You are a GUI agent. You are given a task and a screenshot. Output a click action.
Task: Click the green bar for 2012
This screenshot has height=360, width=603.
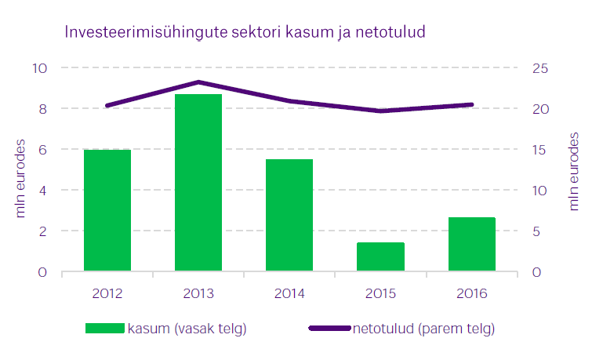pos(107,210)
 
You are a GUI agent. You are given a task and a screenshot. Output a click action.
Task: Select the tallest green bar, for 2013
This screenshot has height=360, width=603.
pos(198,183)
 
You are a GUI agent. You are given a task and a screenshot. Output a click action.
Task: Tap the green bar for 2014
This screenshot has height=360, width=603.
pos(289,216)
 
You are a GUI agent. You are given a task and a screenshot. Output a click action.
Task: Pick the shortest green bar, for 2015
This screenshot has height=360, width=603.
pos(380,257)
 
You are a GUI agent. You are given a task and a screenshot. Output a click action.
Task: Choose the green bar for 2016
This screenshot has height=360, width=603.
pos(471,245)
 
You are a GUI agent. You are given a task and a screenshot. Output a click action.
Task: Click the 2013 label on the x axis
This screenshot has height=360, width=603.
pos(198,294)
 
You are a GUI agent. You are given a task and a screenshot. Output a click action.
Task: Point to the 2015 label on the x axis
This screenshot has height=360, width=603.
pos(380,294)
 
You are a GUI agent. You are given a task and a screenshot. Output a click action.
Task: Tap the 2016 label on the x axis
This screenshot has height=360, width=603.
pos(471,294)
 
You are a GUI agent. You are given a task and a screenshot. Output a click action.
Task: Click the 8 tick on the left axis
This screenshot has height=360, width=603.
pos(42,108)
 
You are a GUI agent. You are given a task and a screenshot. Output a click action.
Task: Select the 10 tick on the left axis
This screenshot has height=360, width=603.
pos(39,68)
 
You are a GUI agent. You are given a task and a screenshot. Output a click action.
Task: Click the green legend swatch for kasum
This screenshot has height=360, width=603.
pos(105,328)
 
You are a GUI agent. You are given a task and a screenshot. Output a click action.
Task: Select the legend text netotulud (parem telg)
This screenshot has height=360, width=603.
pos(423,328)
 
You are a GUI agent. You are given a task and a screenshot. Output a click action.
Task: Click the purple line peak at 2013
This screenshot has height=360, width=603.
pos(198,82)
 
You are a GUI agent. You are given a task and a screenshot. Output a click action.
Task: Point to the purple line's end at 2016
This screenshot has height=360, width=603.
pos(471,104)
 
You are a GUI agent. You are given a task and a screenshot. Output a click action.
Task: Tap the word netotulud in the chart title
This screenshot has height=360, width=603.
pos(390,34)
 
